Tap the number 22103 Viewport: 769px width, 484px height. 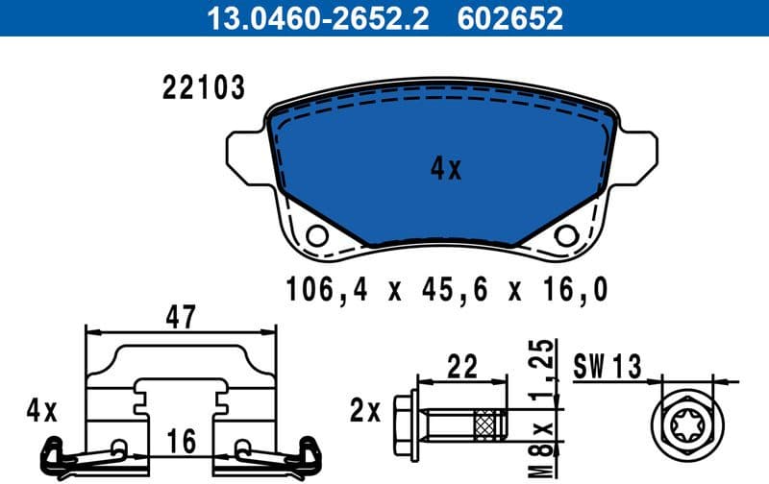coord(202,89)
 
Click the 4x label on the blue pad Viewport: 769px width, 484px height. coord(445,170)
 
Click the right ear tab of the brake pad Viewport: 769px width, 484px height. coord(643,154)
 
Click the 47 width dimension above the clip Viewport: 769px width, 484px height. coord(180,316)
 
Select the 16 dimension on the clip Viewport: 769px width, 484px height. coord(180,442)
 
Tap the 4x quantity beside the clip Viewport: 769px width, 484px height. coord(41,413)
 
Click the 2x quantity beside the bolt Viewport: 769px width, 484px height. coord(366,413)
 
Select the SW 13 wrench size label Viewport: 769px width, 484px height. coord(607,366)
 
